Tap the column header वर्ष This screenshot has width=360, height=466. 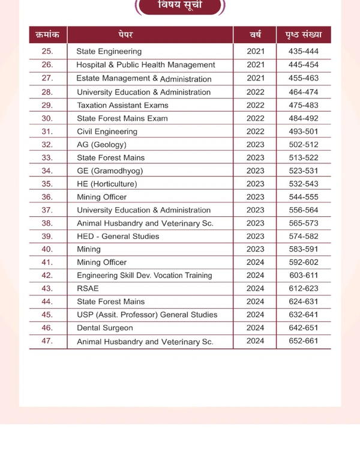point(255,35)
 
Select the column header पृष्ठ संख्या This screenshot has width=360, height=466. point(303,35)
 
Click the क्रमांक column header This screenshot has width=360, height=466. point(47,35)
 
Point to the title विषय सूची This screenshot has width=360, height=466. point(181,5)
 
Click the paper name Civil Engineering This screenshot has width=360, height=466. point(107,132)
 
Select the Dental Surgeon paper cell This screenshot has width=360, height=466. point(105,328)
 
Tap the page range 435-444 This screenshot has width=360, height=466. point(303,51)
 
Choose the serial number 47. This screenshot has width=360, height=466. point(47,341)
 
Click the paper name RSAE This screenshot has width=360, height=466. point(88,288)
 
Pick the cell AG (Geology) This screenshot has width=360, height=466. point(101,145)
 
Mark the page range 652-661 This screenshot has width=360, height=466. point(303,341)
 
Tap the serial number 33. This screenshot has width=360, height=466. point(47,157)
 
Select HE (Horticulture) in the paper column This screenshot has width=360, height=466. point(107,184)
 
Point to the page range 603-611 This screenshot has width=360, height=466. point(303,275)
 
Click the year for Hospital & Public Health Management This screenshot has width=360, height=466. point(255,64)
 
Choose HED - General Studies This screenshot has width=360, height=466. point(118,236)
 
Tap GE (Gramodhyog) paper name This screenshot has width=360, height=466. point(110,171)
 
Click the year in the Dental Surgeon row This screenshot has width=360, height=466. point(255,328)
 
